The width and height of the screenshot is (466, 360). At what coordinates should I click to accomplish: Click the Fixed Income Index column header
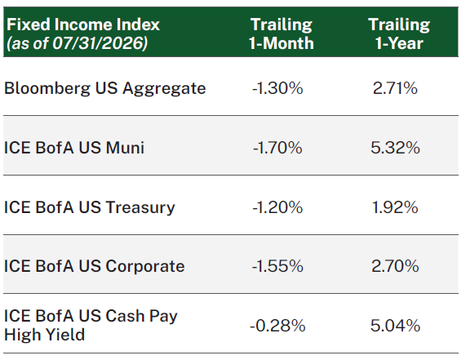pyautogui.click(x=83, y=24)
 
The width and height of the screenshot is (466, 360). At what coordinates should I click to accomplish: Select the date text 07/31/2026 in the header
pyautogui.click(x=98, y=43)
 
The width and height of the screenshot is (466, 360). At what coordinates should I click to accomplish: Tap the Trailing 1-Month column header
pyautogui.click(x=281, y=33)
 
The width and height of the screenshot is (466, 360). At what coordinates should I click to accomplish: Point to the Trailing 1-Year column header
pyautogui.click(x=399, y=33)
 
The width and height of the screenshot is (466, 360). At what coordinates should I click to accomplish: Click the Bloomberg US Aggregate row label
pyautogui.click(x=105, y=88)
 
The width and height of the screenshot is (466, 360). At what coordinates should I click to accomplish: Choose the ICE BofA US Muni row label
pyautogui.click(x=74, y=148)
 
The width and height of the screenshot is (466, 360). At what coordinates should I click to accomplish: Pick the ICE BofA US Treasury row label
pyautogui.click(x=90, y=207)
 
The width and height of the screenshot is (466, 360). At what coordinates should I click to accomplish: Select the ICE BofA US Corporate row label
pyautogui.click(x=94, y=266)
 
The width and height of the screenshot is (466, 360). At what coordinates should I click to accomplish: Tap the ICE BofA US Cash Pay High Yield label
pyautogui.click(x=91, y=325)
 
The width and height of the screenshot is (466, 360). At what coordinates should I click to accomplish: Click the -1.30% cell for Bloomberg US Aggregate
pyautogui.click(x=277, y=88)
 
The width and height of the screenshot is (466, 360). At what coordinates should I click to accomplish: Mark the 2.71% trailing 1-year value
pyautogui.click(x=395, y=88)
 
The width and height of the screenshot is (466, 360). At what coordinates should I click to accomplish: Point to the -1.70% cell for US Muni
pyautogui.click(x=277, y=148)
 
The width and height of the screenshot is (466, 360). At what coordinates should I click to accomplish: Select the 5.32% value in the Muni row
pyautogui.click(x=395, y=148)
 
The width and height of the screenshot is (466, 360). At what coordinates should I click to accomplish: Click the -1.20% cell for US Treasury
pyautogui.click(x=277, y=207)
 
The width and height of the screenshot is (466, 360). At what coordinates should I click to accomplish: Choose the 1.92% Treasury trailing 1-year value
pyautogui.click(x=395, y=207)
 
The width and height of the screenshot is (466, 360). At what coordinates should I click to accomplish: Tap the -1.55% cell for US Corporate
pyautogui.click(x=277, y=266)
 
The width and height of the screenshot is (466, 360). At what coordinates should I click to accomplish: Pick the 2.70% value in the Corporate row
pyautogui.click(x=395, y=266)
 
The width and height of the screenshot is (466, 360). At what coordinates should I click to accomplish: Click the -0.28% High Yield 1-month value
pyautogui.click(x=277, y=326)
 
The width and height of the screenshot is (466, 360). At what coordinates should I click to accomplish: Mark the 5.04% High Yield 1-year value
pyautogui.click(x=395, y=326)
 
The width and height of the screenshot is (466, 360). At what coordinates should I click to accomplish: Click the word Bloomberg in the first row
pyautogui.click(x=47, y=88)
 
